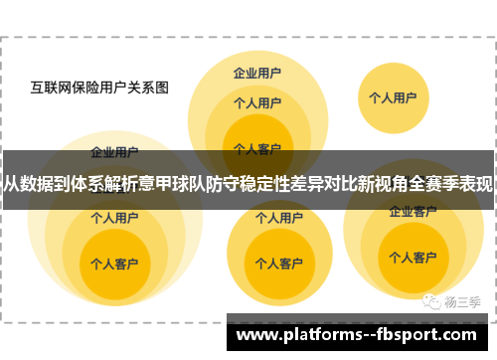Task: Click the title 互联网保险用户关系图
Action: coord(99,87)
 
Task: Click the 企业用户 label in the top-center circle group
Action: coord(256,73)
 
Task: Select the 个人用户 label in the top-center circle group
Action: coord(256,101)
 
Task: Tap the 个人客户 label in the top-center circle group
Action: coord(256,148)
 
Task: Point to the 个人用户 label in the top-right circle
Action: coord(393,97)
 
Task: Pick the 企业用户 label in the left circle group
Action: coord(114,152)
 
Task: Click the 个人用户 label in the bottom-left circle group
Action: coord(114,216)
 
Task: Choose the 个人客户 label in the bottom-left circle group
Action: coord(114,265)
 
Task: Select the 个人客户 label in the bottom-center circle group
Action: coord(264,264)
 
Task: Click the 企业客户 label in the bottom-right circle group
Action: coord(413,211)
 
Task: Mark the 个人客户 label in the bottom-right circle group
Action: coord(413,258)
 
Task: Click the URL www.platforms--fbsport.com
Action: coord(361,334)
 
